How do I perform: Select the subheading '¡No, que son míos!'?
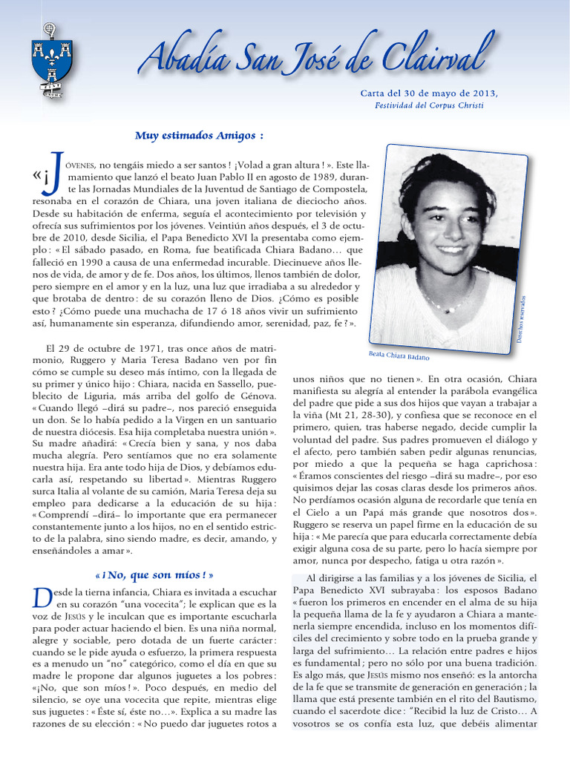point(154,574)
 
